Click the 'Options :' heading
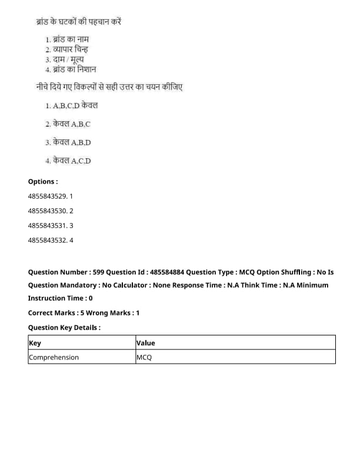[x=43, y=182]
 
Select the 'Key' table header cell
[x=35, y=342]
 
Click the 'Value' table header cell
[x=146, y=342]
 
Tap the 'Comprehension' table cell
[x=54, y=357]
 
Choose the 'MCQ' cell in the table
[x=144, y=357]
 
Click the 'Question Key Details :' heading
[x=64, y=328]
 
